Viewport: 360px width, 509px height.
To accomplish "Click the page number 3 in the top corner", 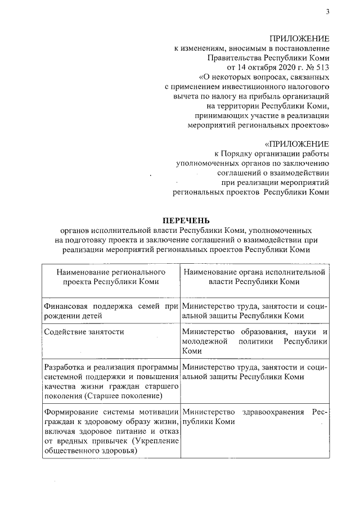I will pos(326,12).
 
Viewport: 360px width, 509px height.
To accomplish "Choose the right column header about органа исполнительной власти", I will pos(254,276).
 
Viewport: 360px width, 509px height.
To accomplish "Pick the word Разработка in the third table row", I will pos(64,367).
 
